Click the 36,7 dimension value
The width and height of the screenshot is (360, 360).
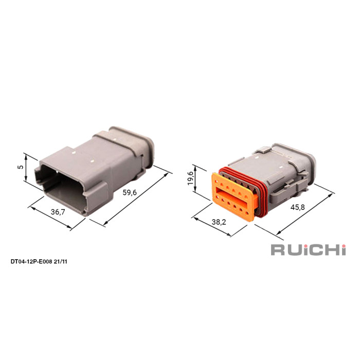(x=58, y=212)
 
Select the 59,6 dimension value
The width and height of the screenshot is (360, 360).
(x=130, y=192)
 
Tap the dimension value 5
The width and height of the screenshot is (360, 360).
(x=21, y=167)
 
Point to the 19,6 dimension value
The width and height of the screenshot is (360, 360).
(x=191, y=178)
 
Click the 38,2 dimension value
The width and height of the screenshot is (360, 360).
(x=219, y=222)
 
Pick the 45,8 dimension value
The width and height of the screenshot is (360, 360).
(x=298, y=207)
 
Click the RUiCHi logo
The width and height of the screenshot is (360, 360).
(x=308, y=250)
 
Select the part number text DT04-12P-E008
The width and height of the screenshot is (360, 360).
(x=31, y=261)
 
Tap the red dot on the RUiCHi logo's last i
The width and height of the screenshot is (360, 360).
(x=343, y=246)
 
